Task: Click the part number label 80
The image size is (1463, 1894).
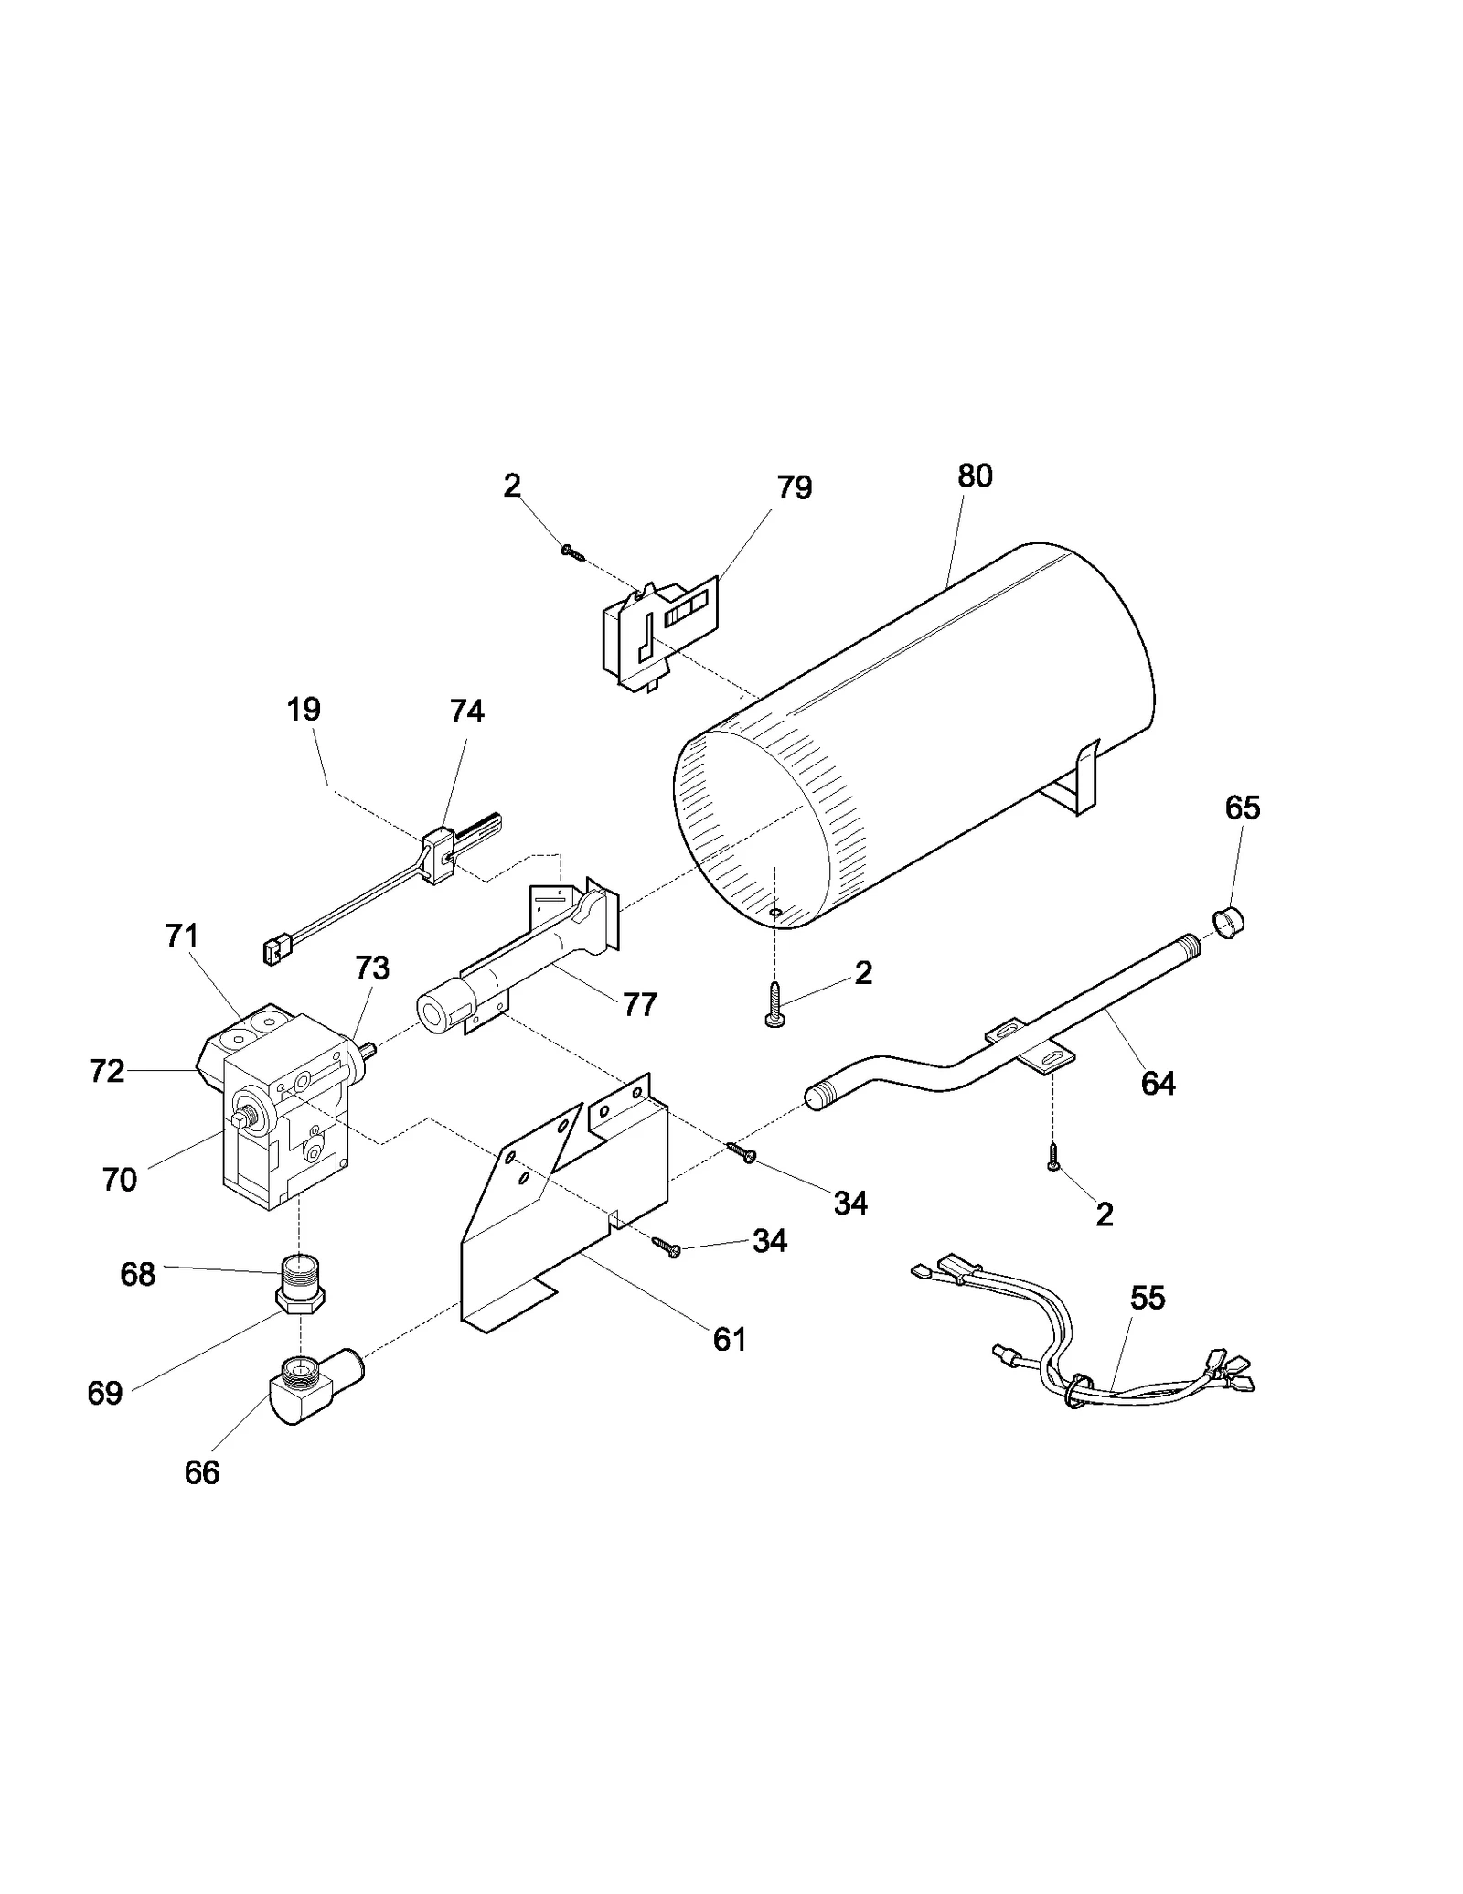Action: tap(975, 476)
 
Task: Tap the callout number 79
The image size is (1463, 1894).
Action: tap(794, 488)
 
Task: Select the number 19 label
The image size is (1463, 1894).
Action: tap(304, 709)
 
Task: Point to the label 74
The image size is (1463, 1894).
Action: tap(466, 711)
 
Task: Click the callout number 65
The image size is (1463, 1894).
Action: tap(1243, 808)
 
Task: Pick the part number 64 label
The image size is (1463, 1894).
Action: tap(1158, 1083)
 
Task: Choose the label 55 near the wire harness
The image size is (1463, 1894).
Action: tap(1148, 1298)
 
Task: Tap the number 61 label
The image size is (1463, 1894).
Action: tap(730, 1340)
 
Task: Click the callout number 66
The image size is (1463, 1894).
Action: tap(202, 1472)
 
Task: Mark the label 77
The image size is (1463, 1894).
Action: tap(640, 1005)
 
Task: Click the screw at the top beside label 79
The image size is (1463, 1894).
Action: tap(572, 552)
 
